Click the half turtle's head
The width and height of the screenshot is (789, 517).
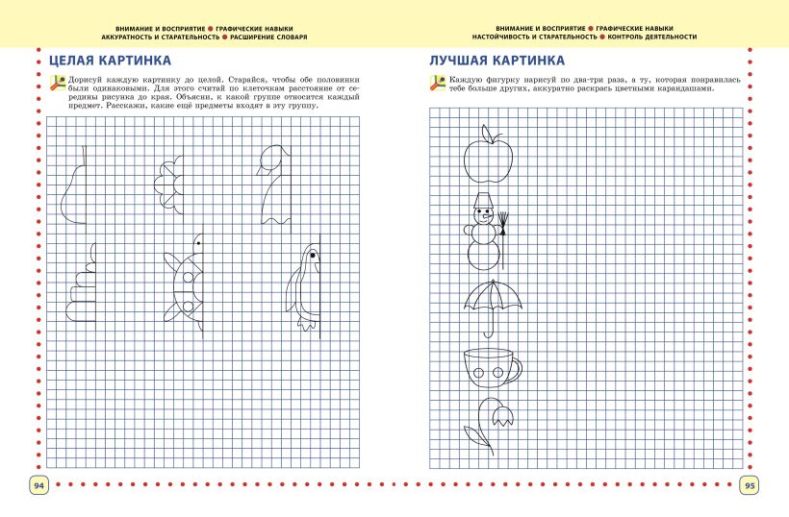click(x=197, y=242)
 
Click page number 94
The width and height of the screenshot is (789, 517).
click(x=39, y=485)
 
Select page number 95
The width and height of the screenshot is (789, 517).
click(x=750, y=485)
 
